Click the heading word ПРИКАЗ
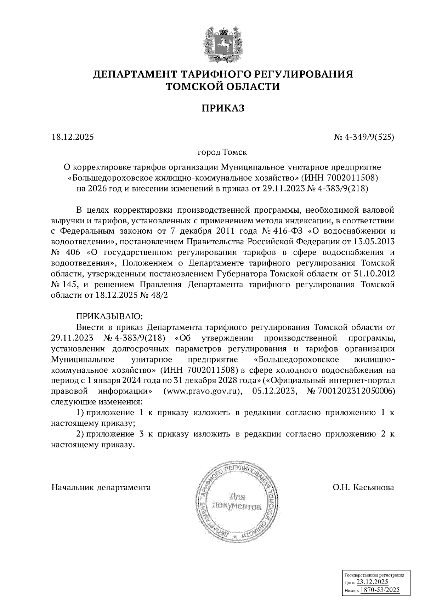(223, 108)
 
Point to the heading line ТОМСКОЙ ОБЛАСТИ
(223, 86)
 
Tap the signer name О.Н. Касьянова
(363, 487)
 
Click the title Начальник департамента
(101, 487)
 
